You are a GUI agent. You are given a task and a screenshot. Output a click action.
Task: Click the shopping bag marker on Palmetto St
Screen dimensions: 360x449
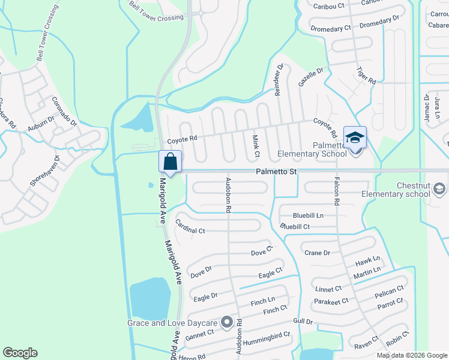tap(170, 162)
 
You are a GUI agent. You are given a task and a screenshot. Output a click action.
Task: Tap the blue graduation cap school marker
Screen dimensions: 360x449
tap(354, 138)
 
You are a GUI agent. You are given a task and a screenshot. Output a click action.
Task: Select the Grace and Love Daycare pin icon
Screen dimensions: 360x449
tap(227, 323)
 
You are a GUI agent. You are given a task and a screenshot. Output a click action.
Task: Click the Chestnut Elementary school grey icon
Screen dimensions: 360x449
tap(440, 190)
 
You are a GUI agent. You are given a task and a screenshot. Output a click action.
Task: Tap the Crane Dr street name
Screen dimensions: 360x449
tap(317, 253)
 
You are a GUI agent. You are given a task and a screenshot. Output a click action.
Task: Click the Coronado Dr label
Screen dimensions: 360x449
tap(64, 112)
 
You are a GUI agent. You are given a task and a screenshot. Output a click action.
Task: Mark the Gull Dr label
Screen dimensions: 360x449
tap(303, 322)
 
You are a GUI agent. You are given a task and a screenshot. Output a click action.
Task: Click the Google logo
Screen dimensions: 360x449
tap(20, 353)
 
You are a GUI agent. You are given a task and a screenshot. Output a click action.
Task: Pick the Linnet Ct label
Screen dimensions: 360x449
tap(328, 289)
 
